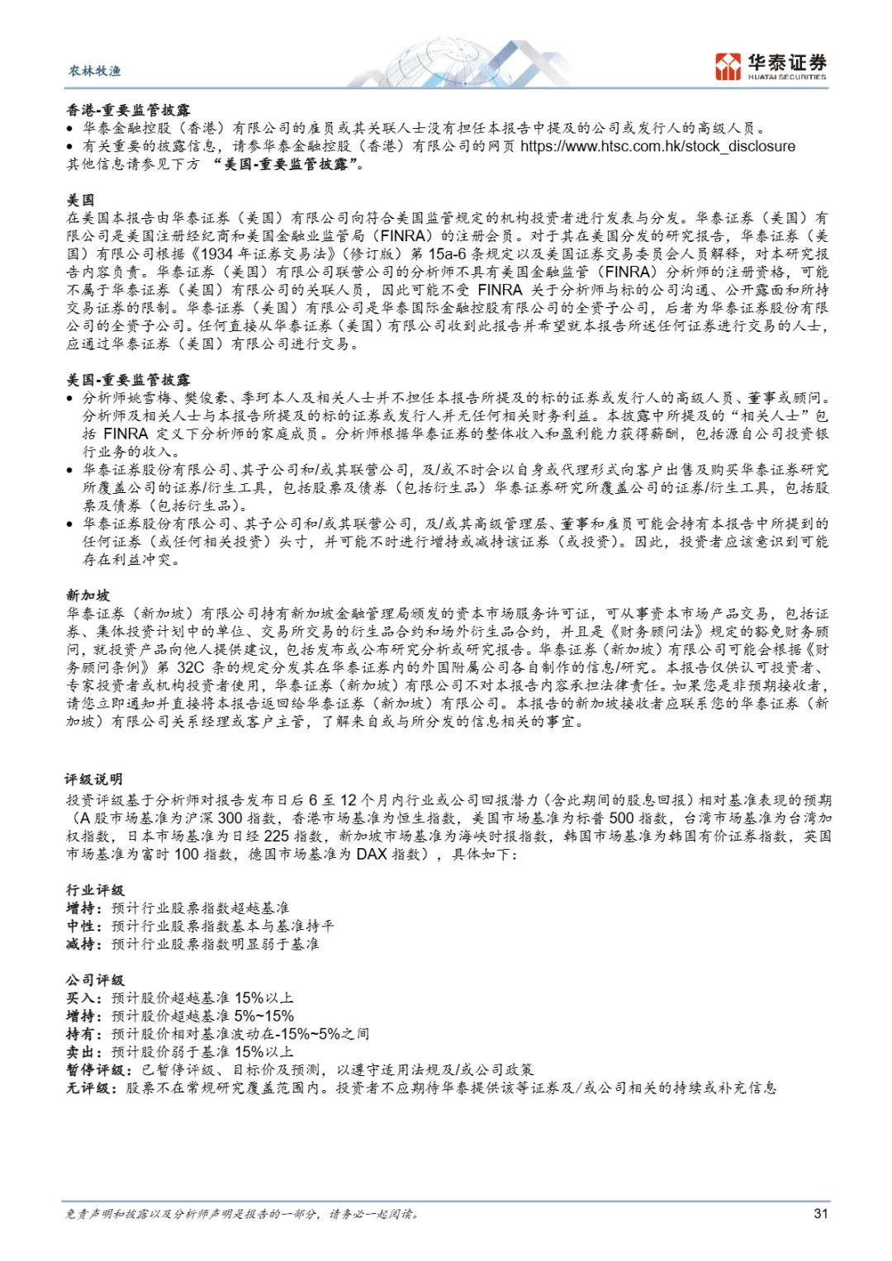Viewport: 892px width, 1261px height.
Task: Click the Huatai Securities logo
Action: pos(771,65)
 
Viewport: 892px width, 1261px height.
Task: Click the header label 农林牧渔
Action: pos(94,71)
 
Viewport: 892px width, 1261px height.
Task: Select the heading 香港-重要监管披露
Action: pos(128,110)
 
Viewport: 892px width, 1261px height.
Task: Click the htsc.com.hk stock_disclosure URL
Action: pos(657,146)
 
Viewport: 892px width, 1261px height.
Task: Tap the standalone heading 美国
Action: pos(80,200)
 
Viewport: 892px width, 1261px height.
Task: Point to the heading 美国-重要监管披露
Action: pos(128,380)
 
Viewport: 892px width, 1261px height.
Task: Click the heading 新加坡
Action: pos(88,595)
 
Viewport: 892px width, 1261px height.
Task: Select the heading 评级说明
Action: pos(94,780)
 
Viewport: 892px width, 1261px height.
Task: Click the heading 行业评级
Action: pos(95,890)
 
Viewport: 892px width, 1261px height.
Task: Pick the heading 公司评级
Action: pos(95,980)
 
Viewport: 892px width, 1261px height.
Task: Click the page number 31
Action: pos(820,1213)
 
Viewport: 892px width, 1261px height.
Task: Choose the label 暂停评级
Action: pos(95,1070)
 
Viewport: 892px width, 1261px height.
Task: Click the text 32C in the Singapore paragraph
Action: pos(190,667)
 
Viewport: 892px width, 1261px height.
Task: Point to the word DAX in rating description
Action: pos(372,854)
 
